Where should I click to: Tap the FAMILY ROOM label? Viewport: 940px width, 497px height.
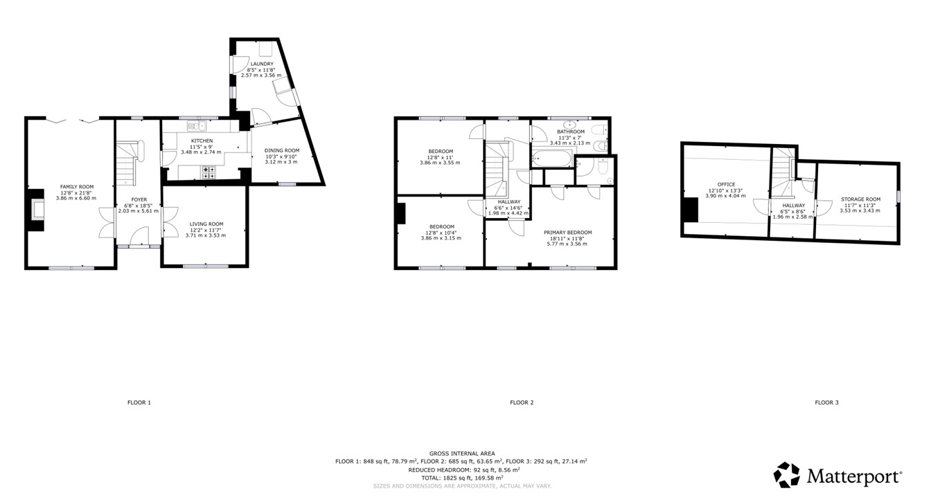76,187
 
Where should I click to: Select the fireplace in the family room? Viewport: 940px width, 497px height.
36,208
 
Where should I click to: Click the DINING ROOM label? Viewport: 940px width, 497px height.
281,150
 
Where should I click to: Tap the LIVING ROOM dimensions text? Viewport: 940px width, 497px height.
206,235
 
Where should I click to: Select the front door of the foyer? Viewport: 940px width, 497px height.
139,246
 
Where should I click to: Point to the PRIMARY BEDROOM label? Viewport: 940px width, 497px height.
567,233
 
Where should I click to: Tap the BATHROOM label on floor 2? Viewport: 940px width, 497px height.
571,132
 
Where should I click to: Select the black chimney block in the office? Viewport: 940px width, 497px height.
690,209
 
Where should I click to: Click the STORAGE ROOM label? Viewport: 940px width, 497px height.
860,199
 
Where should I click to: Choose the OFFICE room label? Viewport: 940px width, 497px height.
725,185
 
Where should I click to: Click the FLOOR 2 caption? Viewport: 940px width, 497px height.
522,402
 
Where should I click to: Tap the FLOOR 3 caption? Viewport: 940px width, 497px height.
826,402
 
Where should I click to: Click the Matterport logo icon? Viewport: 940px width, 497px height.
786,475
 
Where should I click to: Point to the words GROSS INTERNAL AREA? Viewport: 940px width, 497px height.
462,453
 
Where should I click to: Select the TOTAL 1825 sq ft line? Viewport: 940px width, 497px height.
462,478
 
